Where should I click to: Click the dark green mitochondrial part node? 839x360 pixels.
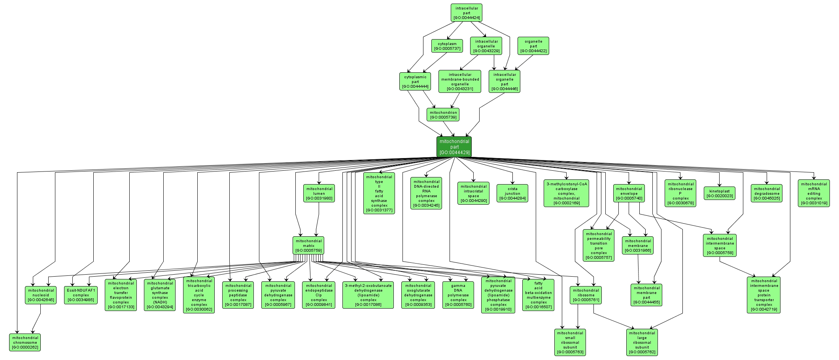pyautogui.click(x=454, y=147)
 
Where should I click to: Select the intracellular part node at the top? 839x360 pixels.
pyautogui.click(x=467, y=13)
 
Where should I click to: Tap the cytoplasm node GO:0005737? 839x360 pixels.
pyautogui.click(x=447, y=46)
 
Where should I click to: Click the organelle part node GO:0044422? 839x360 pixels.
pyautogui.click(x=533, y=46)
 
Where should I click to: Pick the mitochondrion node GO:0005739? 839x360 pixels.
pyautogui.click(x=443, y=115)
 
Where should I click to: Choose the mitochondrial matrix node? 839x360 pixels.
pyautogui.click(x=308, y=245)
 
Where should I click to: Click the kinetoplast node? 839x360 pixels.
pyautogui.click(x=719, y=193)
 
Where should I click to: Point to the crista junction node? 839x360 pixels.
pyautogui.click(x=512, y=193)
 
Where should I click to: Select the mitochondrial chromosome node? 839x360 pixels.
pyautogui.click(x=25, y=342)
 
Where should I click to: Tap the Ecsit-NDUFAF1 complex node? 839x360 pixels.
pyautogui.click(x=81, y=295)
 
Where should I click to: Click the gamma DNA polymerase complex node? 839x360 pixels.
pyautogui.click(x=458, y=295)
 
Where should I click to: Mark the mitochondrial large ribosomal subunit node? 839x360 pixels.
pyautogui.click(x=642, y=342)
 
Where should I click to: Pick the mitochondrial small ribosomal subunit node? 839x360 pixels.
pyautogui.click(x=570, y=342)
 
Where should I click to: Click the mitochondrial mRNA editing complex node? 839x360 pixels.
pyautogui.click(x=813, y=193)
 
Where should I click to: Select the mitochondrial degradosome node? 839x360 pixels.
pyautogui.click(x=766, y=193)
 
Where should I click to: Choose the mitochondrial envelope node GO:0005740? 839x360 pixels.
pyautogui.click(x=629, y=193)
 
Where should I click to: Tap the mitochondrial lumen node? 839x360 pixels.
pyautogui.click(x=319, y=193)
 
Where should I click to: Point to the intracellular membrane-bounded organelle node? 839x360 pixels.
pyautogui.click(x=459, y=81)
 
